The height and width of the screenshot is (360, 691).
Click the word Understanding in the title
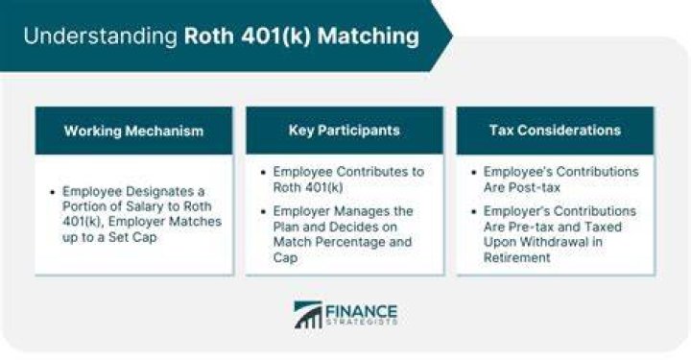(100, 36)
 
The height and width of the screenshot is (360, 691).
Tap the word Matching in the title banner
(368, 36)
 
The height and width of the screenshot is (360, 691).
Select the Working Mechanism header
(134, 131)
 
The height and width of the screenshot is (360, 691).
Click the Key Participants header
(345, 131)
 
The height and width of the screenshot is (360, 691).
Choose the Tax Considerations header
(556, 131)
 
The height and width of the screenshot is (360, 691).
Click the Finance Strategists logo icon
(308, 315)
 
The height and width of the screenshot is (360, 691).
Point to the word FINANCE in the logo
(362, 311)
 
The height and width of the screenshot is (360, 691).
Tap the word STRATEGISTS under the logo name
(362, 323)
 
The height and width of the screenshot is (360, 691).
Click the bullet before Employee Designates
(53, 192)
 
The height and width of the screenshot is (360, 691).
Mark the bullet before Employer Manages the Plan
(264, 211)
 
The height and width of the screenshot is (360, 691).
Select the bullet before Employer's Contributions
(474, 211)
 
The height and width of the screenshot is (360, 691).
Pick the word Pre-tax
(534, 227)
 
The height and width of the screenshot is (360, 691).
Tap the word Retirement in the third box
(517, 258)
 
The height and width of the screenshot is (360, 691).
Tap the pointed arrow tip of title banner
(453, 36)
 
